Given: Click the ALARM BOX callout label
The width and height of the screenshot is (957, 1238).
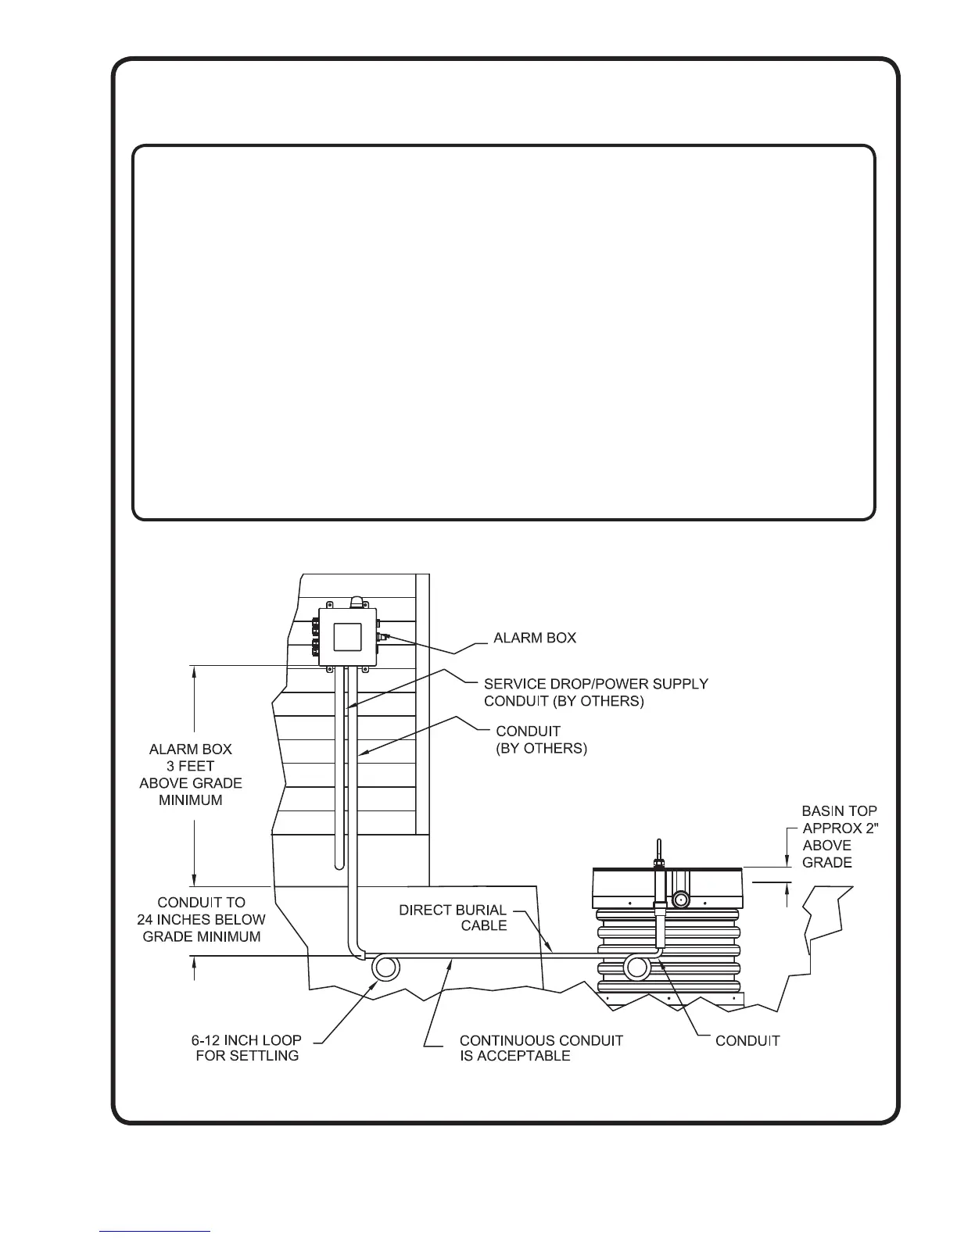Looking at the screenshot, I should pyautogui.click(x=535, y=638).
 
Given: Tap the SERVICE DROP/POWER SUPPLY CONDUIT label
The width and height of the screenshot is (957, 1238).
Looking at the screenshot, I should pyautogui.click(x=596, y=692).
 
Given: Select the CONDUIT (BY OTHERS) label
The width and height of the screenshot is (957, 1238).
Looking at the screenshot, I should pyautogui.click(x=541, y=739).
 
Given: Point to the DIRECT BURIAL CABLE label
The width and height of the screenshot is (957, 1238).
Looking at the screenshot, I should pyautogui.click(x=453, y=918).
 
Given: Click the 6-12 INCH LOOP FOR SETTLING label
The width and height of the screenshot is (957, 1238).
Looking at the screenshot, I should pyautogui.click(x=246, y=1048).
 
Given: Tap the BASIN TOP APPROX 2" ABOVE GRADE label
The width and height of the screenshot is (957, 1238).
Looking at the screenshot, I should pyautogui.click(x=830, y=836).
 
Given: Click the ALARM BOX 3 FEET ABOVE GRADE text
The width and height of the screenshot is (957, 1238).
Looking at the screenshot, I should pyautogui.click(x=190, y=775).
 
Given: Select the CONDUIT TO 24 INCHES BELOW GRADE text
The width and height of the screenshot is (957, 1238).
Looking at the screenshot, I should pyautogui.click(x=201, y=919).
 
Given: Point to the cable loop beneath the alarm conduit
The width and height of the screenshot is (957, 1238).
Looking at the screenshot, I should pyautogui.click(x=385, y=968).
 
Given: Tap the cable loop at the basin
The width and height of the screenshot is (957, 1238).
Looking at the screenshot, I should pyautogui.click(x=637, y=968).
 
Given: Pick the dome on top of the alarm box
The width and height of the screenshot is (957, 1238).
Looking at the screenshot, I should pyautogui.click(x=358, y=602).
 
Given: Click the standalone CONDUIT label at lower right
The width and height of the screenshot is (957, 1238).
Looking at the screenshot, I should pyautogui.click(x=747, y=1040).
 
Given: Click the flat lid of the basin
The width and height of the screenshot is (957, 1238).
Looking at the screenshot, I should pyautogui.click(x=665, y=868).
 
